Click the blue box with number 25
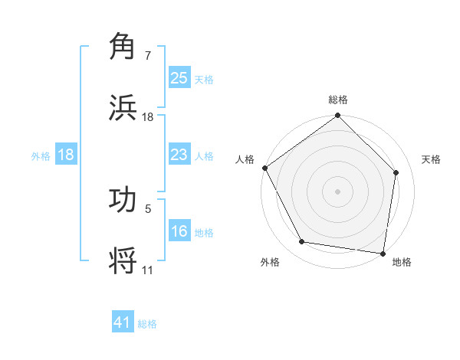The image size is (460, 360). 179,78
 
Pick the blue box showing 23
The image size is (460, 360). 179,155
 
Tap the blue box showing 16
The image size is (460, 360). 179,231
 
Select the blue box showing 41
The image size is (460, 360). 123,322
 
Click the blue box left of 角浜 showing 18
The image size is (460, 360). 66,155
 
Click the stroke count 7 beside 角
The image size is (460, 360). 148,56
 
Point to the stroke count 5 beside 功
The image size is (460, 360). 148,208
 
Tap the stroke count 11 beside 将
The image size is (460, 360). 147,270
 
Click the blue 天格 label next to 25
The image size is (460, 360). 204,79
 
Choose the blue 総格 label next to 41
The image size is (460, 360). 147,323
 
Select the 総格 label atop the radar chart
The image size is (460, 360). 338,100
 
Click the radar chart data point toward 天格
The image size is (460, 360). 396,172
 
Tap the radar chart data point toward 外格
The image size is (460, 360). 302,242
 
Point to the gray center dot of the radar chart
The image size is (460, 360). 338,191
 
